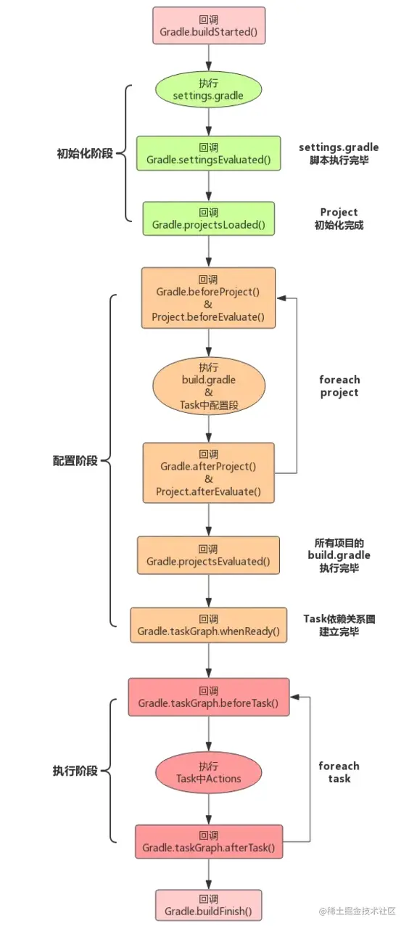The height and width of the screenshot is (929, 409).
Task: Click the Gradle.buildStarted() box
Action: coord(209,25)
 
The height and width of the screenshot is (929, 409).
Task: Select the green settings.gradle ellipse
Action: coord(209,89)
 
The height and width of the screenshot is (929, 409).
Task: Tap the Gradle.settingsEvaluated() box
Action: coord(209,153)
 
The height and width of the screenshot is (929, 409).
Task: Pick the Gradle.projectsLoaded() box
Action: coord(209,218)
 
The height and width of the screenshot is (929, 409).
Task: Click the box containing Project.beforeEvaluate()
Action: coord(209,298)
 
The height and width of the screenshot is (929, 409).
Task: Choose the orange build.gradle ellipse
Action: coord(209,385)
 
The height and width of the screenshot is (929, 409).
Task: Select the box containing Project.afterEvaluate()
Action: coord(209,472)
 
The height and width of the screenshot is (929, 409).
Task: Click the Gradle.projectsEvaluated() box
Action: coord(209,555)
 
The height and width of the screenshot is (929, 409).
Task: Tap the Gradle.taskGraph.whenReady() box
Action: coord(209,625)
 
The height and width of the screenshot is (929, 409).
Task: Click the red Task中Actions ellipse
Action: coord(209,772)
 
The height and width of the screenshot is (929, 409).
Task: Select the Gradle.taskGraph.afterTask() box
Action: coord(209,841)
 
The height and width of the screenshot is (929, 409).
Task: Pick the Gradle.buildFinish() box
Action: coord(209,905)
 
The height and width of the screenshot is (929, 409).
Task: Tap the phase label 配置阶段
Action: coord(75,461)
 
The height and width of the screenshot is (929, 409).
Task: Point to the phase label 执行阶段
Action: coord(75,771)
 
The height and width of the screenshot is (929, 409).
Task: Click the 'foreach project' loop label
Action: coord(339,385)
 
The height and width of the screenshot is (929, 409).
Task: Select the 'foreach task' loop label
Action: coord(339,772)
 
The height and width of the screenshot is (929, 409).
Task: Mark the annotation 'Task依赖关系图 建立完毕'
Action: coord(339,625)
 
